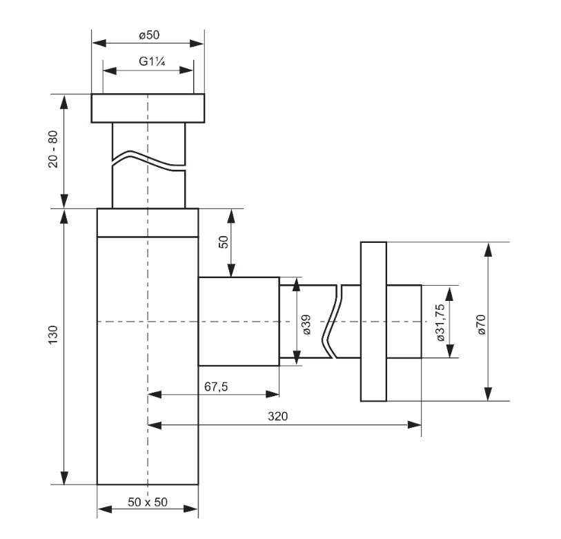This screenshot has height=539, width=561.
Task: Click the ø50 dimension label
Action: coord(149,35)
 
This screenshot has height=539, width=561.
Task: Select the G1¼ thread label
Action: coord(152,61)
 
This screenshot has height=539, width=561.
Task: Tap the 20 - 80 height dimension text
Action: coord(53,149)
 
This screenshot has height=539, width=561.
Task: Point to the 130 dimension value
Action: coord(53,335)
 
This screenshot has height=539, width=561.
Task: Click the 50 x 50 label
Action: coord(148,502)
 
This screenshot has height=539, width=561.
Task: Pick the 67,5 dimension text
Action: coord(216,386)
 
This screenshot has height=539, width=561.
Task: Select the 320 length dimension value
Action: coord(277,416)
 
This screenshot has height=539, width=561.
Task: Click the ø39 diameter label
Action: coord(306,324)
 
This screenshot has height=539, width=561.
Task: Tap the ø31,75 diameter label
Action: coord(441,322)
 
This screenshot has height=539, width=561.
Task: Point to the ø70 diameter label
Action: coord(481,324)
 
